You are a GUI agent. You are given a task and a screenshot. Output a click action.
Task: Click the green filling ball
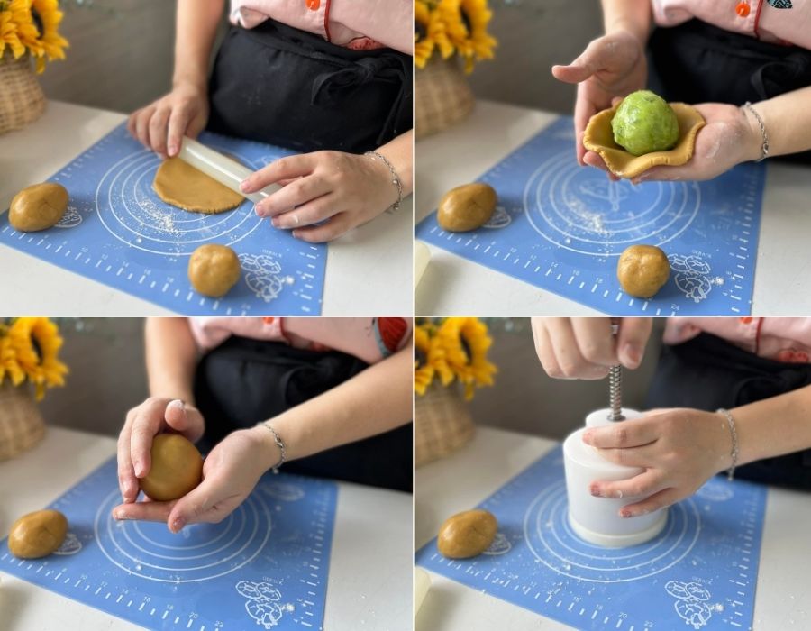(644, 123)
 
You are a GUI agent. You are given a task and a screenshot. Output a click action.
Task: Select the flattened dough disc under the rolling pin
(189, 187)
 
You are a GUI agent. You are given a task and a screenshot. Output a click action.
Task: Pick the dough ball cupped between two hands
(171, 467)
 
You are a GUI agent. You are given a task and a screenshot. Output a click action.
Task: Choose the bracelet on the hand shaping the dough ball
(276, 444)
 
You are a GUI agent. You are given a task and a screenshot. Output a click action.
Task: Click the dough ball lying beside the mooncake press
(466, 534)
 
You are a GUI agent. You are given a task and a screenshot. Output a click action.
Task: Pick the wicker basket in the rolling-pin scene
(20, 95)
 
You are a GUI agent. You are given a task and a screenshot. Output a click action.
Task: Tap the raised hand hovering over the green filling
(601, 72)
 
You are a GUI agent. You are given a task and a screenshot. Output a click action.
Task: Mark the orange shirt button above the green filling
(743, 8)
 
